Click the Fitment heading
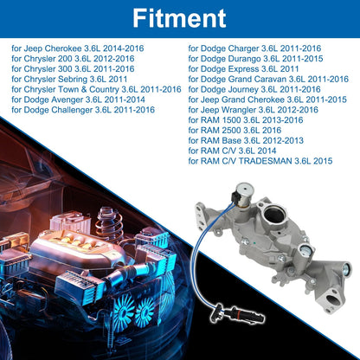(x=179, y=18)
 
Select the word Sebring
(x=73, y=80)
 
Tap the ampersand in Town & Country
(x=84, y=89)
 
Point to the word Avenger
(x=67, y=100)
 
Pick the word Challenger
(x=72, y=110)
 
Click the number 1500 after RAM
(x=231, y=120)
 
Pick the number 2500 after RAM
(x=231, y=131)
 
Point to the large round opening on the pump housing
(x=273, y=215)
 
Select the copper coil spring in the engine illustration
(x=110, y=222)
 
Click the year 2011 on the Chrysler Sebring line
(x=118, y=80)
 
